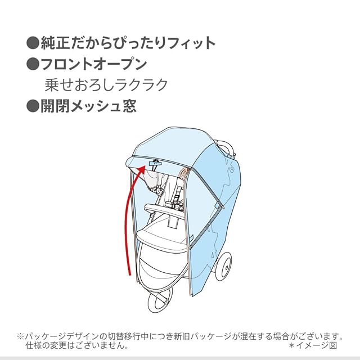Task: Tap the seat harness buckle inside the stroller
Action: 175,198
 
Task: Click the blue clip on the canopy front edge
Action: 155,163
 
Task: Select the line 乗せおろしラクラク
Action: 106,85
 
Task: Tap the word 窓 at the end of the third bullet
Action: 129,106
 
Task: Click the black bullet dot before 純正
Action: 32,43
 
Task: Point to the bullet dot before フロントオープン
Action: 32,64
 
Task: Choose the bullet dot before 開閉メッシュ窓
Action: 32,106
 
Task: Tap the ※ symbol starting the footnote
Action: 21,336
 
